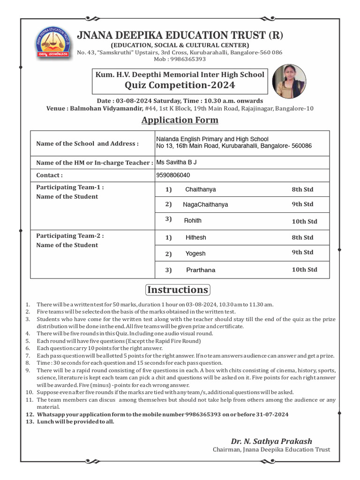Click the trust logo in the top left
click(53, 43)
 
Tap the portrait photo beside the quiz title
click(289, 82)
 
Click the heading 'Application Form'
click(180, 120)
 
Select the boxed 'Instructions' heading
click(177, 289)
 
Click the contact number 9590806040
click(173, 175)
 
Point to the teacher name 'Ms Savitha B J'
click(177, 162)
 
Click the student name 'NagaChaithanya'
click(205, 205)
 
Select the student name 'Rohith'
click(193, 220)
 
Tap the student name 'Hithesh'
click(195, 238)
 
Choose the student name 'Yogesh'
click(195, 254)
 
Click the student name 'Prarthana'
click(201, 270)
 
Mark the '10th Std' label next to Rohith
click(304, 221)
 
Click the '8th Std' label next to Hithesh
click(302, 238)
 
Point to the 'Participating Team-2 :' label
click(70, 236)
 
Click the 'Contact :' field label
click(49, 175)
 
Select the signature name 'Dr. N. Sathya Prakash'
click(271, 441)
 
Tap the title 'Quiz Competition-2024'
click(180, 85)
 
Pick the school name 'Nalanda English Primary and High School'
click(212, 139)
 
